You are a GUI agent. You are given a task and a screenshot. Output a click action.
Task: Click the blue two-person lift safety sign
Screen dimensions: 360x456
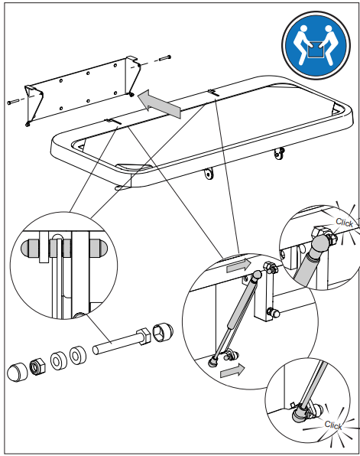[x=316, y=45]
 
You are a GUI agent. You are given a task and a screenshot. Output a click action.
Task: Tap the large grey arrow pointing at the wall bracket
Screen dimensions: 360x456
[x=159, y=104]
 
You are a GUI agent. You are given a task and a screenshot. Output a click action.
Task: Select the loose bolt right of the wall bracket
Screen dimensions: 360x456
[x=164, y=58]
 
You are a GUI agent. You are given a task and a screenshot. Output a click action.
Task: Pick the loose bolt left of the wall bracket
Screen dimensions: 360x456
[x=13, y=102]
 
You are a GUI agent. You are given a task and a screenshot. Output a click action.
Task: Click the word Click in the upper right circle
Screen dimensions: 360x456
[x=344, y=223]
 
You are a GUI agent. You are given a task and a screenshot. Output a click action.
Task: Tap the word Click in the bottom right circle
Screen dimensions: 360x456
[x=333, y=425]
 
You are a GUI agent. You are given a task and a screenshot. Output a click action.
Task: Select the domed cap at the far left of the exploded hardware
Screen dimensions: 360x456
[x=17, y=373]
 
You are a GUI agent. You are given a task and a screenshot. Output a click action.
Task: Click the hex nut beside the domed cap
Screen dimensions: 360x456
[x=37, y=366]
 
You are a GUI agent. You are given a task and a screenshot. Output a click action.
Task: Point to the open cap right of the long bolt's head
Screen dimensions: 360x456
[x=163, y=332]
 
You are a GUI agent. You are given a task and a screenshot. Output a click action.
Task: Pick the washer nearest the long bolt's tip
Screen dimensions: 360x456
[x=78, y=354]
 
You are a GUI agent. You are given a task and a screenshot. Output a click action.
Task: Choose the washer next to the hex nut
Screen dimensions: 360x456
[x=59, y=360]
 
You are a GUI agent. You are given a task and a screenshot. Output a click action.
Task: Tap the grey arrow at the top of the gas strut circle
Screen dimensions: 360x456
[x=238, y=265]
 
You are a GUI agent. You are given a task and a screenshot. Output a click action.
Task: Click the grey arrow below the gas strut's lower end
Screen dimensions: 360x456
[x=232, y=370]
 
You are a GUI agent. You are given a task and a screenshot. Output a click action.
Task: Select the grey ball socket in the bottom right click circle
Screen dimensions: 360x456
[x=299, y=415]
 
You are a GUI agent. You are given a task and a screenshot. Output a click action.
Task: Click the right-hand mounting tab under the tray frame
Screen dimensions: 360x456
[x=279, y=153]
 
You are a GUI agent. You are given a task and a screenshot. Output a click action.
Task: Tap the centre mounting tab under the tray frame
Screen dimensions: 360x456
[x=209, y=174]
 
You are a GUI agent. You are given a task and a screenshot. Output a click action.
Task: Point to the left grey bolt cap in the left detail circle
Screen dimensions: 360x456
[x=31, y=248]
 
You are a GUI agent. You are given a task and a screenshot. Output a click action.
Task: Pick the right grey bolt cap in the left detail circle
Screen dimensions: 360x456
[x=98, y=248]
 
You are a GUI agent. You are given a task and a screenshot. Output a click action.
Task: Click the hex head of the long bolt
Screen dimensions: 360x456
[x=144, y=336]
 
